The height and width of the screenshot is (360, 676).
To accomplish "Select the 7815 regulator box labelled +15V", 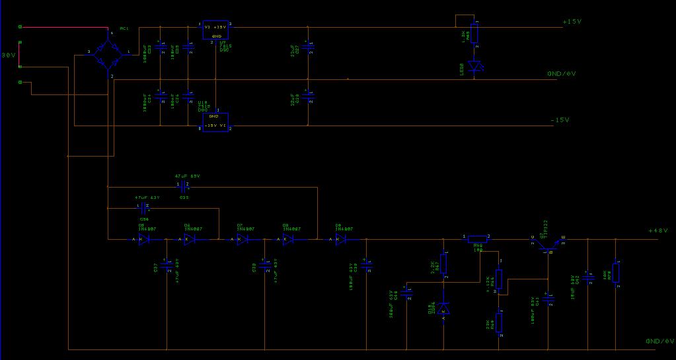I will (x=215, y=29).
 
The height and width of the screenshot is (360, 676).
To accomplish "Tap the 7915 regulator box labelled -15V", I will (x=215, y=121).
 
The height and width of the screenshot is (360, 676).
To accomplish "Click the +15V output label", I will (x=572, y=22).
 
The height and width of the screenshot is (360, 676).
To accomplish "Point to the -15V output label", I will (x=560, y=120).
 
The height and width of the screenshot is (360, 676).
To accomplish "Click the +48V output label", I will (x=658, y=231).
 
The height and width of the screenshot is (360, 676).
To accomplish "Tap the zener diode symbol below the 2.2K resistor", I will (x=443, y=308).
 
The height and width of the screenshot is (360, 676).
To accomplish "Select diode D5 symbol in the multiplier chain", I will (x=141, y=239).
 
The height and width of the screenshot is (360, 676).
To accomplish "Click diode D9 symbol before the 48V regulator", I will (x=340, y=239).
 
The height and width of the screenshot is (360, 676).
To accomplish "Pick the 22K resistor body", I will (x=499, y=322).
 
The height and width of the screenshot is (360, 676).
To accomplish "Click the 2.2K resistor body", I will (x=443, y=264).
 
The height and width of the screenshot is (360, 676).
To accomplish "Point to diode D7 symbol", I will (x=242, y=239).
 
